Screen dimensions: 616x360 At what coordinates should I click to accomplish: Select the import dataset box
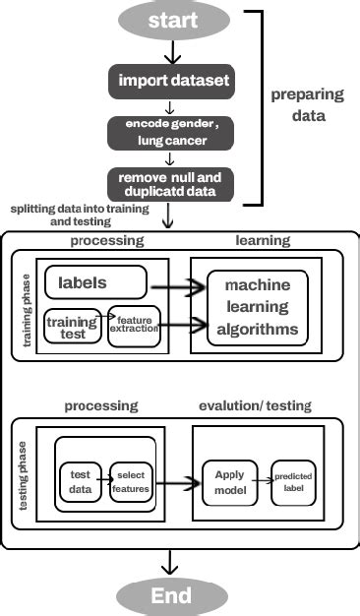coord(172,80)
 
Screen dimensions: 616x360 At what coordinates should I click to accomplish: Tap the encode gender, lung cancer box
coord(172,134)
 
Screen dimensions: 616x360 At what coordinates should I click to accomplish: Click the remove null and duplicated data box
coord(172,184)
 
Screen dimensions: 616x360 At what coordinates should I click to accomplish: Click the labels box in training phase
coord(95,282)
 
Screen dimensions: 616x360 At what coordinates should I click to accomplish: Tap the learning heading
coord(263,240)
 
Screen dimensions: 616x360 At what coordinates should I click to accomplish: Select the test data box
coord(81,481)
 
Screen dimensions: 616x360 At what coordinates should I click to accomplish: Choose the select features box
coord(131,481)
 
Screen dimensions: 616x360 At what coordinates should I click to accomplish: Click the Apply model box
coord(229,481)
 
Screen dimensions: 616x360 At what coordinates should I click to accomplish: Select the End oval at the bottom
coord(171,595)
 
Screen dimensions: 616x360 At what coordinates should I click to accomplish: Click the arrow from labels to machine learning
coord(177,285)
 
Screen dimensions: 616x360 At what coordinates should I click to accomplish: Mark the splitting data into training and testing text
coord(79,216)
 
